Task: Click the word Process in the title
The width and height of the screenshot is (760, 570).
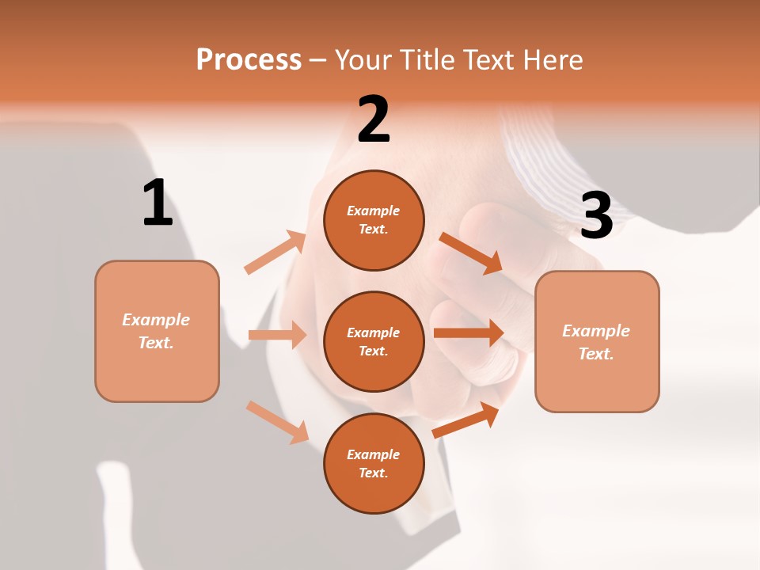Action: [x=249, y=59]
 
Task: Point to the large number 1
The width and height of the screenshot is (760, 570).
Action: [x=158, y=203]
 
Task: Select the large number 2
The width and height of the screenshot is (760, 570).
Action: [x=374, y=120]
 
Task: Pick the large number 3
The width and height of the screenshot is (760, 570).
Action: [x=596, y=215]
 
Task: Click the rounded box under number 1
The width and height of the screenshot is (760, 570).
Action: [x=157, y=331]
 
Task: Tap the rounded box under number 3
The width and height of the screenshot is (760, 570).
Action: [x=597, y=342]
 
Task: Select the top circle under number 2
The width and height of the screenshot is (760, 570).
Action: [x=374, y=220]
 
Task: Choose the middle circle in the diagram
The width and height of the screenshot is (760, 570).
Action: [x=374, y=341]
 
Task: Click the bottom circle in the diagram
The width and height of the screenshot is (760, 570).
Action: [x=374, y=463]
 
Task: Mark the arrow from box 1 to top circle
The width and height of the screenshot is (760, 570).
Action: [x=275, y=253]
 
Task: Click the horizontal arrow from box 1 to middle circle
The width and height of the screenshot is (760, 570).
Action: [x=277, y=335]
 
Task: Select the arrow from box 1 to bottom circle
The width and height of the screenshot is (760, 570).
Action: [x=277, y=421]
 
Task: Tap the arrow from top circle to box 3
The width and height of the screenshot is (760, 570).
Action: [x=471, y=253]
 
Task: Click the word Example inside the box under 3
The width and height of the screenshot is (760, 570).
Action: [x=596, y=331]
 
